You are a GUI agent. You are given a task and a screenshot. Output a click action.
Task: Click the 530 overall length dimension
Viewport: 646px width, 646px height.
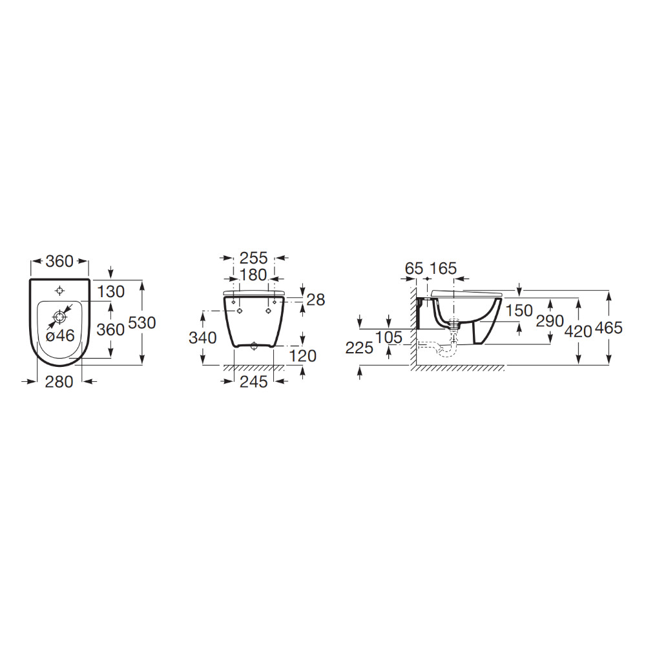[x=142, y=322]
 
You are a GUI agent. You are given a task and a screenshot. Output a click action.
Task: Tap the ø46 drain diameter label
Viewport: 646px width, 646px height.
[x=60, y=336]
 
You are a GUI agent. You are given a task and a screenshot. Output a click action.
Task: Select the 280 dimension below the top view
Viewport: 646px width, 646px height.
[x=59, y=382]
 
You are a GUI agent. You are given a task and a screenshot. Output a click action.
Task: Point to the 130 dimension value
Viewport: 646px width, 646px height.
[x=111, y=292]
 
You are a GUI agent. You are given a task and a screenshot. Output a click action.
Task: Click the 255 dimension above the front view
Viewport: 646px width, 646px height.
[x=254, y=258]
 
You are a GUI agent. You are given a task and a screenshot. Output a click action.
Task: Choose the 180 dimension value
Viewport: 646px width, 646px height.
[x=253, y=275]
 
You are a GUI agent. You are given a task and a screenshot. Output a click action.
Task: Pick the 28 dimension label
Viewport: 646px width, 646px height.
[x=316, y=300]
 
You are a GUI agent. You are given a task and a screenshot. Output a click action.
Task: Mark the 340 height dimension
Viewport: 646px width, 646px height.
[x=203, y=338]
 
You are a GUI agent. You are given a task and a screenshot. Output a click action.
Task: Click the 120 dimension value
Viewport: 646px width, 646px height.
[x=303, y=356]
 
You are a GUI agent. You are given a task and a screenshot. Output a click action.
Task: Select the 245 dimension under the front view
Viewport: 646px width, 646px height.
[x=254, y=382]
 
